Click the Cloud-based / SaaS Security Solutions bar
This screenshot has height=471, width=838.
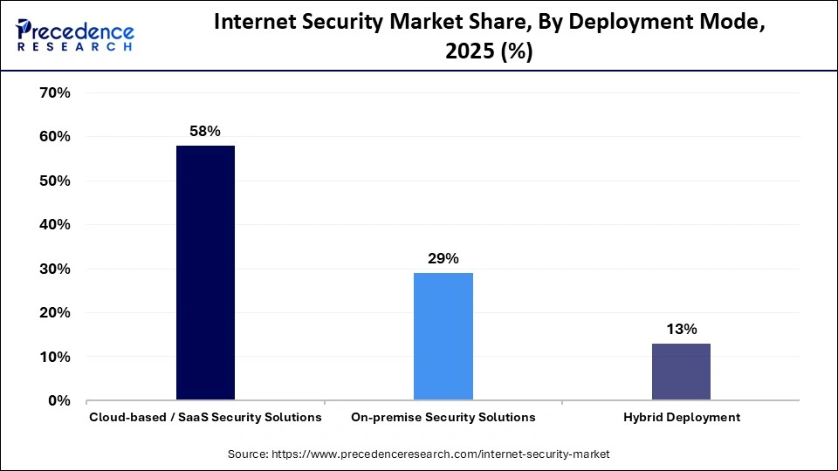[205, 272]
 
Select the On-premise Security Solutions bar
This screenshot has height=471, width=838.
[443, 336]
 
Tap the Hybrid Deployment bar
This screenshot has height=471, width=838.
[681, 372]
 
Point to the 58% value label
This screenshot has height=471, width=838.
[205, 131]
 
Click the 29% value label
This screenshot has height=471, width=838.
[443, 258]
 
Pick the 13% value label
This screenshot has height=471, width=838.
[681, 329]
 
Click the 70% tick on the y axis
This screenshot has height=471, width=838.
[55, 92]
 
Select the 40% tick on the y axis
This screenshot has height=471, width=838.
[55, 224]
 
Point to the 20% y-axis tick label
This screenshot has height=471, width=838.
[55, 312]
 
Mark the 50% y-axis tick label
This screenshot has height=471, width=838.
[55, 181]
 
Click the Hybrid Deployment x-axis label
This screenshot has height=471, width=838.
[681, 417]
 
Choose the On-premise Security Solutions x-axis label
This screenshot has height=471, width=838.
[443, 417]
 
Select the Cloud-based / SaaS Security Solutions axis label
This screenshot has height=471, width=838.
[205, 417]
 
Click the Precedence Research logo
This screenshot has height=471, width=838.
[75, 33]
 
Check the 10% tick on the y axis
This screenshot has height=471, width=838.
[55, 357]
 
